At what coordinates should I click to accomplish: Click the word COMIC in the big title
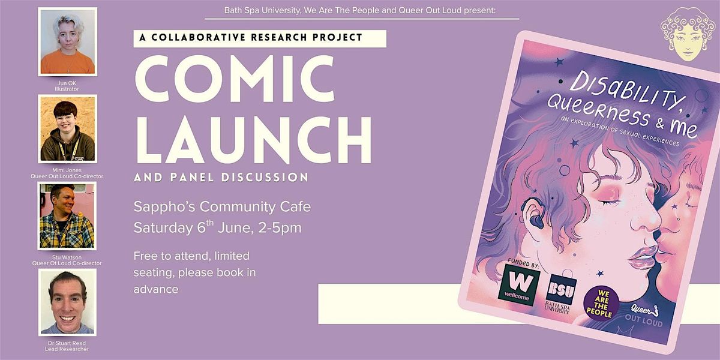point(235,79)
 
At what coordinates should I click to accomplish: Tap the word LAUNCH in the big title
point(253,140)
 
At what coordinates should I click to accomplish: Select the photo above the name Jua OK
point(67,42)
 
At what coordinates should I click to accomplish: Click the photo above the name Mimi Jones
point(67,129)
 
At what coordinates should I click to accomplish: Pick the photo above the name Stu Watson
point(67,216)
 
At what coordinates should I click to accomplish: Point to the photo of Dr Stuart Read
point(67,302)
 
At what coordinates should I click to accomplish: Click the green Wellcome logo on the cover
point(519,285)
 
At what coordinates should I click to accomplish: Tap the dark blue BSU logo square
point(561,289)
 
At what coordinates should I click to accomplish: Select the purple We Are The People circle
point(601,303)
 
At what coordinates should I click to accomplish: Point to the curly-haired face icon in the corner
point(688,34)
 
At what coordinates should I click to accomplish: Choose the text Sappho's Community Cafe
point(222,206)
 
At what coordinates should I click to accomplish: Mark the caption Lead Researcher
point(67,349)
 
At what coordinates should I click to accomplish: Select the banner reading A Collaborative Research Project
point(260,38)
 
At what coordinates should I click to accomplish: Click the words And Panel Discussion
point(221,178)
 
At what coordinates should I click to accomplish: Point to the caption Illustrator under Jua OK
point(67,89)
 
